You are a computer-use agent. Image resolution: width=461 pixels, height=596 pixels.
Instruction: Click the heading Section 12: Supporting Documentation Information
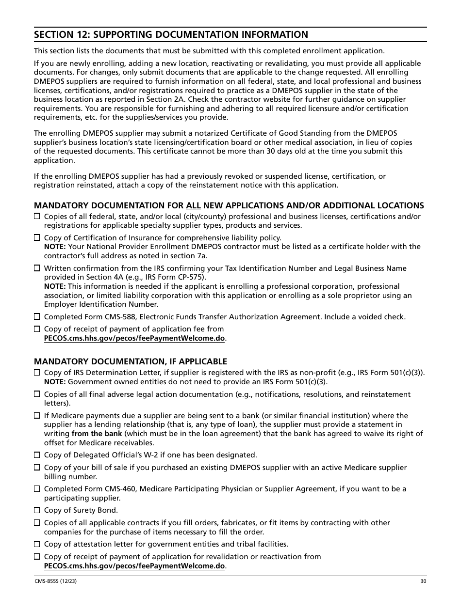[171, 34]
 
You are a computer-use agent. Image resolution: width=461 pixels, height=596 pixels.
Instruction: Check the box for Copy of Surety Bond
[37, 510]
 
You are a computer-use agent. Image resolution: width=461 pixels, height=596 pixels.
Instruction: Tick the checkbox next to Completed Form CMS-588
[37, 316]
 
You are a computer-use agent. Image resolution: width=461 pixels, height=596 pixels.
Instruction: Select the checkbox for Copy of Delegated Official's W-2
[37, 455]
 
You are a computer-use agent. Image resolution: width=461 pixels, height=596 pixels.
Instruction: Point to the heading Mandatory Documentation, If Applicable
[130, 361]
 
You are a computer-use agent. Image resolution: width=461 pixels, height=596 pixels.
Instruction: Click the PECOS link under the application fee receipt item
[134, 338]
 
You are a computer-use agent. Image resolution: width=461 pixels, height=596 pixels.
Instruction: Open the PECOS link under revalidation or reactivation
[134, 566]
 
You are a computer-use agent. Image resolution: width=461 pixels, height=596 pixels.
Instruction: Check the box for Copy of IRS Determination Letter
[37, 373]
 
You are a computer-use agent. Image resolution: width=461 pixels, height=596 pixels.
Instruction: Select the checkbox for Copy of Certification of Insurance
[37, 237]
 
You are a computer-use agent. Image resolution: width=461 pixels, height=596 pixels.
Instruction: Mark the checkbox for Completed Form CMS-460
[37, 489]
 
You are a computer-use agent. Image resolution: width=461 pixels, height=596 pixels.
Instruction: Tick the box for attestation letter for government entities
[37, 544]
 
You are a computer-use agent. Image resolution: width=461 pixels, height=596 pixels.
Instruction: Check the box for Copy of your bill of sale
[37, 468]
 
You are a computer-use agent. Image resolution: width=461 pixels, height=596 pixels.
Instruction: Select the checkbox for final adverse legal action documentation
[37, 394]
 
